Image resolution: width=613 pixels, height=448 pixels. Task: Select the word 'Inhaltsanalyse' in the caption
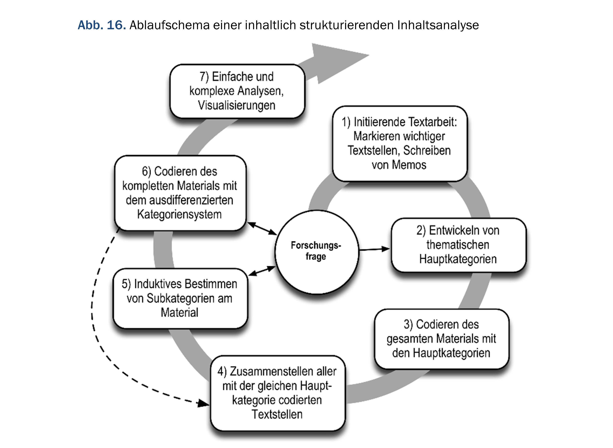438,25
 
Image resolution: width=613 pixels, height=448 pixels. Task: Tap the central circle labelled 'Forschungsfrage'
316,251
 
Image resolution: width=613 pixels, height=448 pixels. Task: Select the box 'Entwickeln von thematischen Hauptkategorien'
458,245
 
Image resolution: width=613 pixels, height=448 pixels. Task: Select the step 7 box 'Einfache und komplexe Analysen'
237,91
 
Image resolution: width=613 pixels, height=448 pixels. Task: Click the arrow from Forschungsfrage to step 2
374,249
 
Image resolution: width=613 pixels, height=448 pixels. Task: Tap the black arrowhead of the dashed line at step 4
203,403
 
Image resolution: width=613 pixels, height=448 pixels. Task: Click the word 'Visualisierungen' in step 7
237,105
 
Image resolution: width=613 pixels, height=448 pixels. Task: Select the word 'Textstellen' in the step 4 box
277,414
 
